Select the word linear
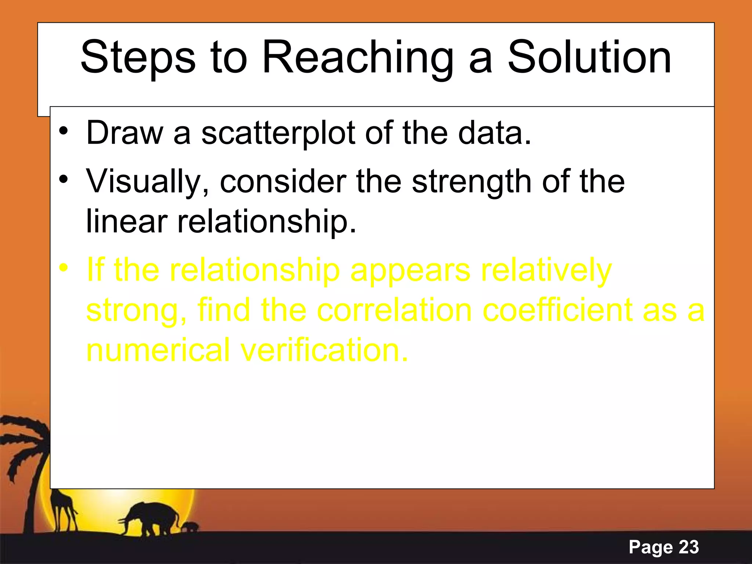127,221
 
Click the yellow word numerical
158,350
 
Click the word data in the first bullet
494,133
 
